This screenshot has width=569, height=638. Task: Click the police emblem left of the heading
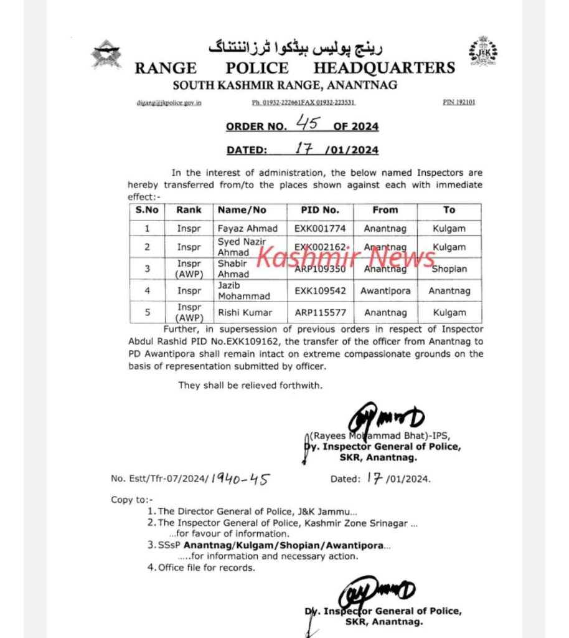point(106,54)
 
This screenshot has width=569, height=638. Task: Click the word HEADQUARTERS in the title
point(384,68)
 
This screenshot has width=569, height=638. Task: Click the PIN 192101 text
point(459,102)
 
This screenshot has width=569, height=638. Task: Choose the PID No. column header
point(321,210)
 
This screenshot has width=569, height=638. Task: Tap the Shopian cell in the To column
point(449,269)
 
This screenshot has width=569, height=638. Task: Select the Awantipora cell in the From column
point(385,290)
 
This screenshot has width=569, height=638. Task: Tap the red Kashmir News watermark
point(347,257)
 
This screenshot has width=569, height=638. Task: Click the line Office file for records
point(207,568)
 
